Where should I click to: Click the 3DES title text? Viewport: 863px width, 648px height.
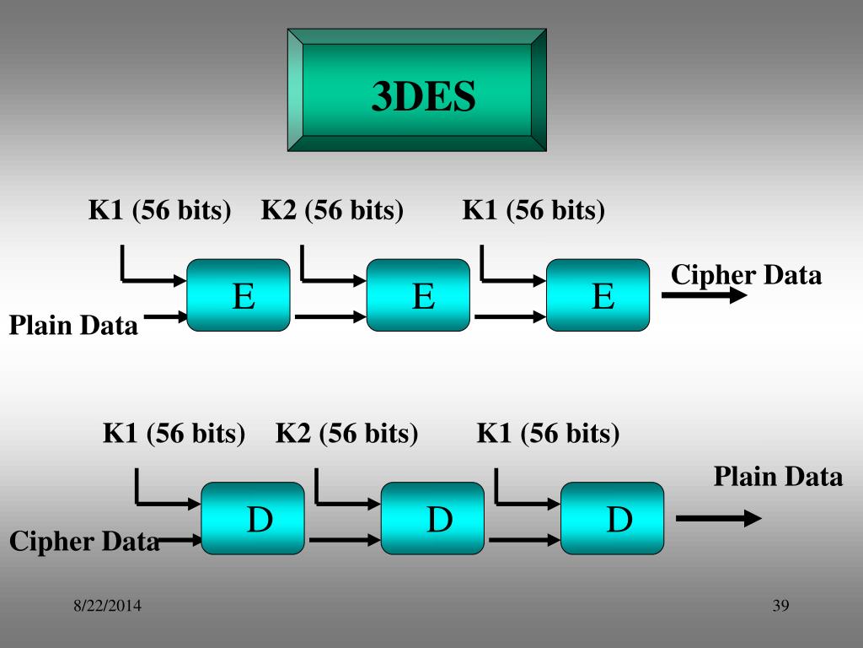[x=424, y=97]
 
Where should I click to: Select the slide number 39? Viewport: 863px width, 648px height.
[x=780, y=605]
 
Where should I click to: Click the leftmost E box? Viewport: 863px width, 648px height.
[x=239, y=294]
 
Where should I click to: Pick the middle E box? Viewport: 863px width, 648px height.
[x=418, y=294]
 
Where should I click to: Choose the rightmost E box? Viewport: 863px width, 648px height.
[x=598, y=294]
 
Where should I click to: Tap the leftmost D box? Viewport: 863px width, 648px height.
[x=253, y=518]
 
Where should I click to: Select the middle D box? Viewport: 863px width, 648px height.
[x=433, y=518]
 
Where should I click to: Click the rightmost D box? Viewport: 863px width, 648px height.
[x=613, y=518]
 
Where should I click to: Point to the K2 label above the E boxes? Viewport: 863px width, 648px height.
[x=332, y=209]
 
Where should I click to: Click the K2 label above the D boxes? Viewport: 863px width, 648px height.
[x=346, y=434]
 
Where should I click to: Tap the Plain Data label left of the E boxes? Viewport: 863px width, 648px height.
[x=73, y=325]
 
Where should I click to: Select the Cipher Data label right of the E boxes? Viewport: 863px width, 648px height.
[x=746, y=275]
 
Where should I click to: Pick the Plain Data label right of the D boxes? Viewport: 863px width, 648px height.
[x=778, y=477]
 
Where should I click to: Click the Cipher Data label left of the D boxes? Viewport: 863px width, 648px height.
[x=84, y=541]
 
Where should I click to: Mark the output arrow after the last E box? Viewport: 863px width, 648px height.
[x=704, y=295]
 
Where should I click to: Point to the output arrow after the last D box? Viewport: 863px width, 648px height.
[x=718, y=519]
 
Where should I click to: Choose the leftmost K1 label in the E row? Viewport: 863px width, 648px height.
[x=160, y=209]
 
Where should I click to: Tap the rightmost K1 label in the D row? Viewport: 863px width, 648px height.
[x=548, y=434]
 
